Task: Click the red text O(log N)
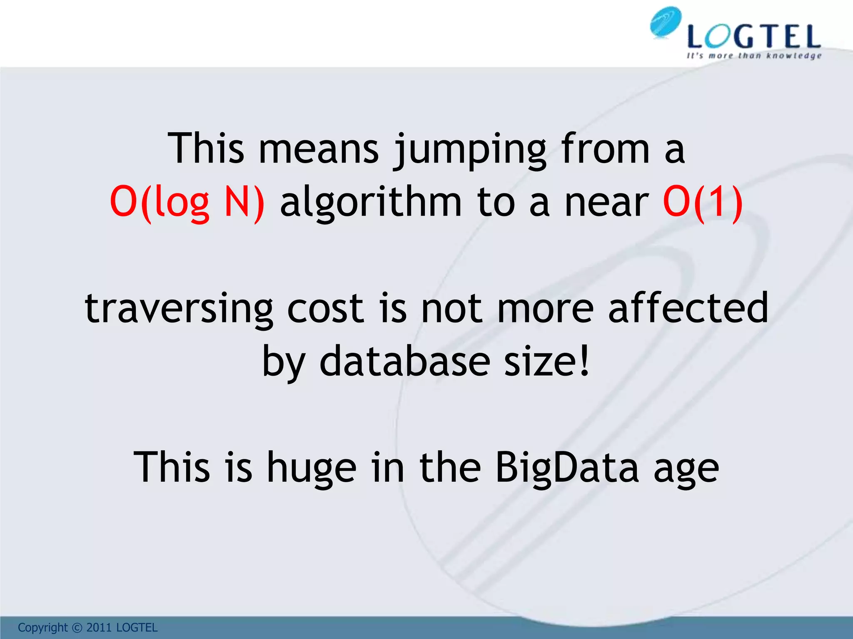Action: pyautogui.click(x=187, y=203)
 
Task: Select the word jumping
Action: pyautogui.click(x=470, y=150)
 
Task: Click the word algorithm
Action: pyautogui.click(x=371, y=203)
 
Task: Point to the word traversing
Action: pyautogui.click(x=179, y=309)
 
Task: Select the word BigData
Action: pyautogui.click(x=567, y=468)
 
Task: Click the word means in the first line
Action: pyautogui.click(x=319, y=150)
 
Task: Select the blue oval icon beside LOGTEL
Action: pyautogui.click(x=666, y=22)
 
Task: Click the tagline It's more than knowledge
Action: pyautogui.click(x=754, y=56)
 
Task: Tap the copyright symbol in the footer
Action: pyautogui.click(x=77, y=627)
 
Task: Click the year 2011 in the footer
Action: pyautogui.click(x=99, y=627)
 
